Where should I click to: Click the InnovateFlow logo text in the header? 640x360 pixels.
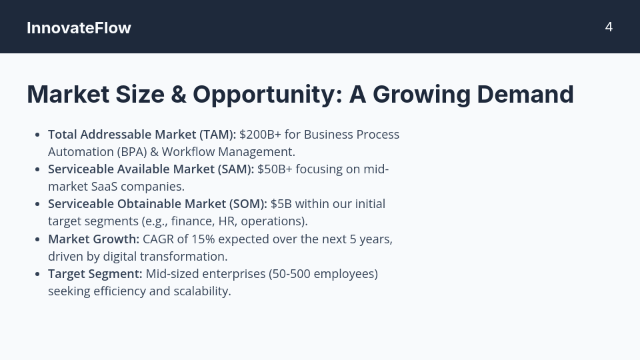tap(79, 28)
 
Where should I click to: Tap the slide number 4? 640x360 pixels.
tap(609, 27)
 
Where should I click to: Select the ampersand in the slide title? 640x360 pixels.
tap(178, 94)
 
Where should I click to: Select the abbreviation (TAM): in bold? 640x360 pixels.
tap(213, 134)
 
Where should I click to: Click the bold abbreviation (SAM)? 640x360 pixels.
tap(236, 169)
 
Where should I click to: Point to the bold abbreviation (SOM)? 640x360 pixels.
tap(248, 203)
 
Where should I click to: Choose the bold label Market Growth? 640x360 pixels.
tap(93, 239)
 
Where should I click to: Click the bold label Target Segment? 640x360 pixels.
tap(95, 273)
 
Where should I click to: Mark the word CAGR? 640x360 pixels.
tap(158, 239)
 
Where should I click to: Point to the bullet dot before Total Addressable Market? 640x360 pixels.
tap(37, 135)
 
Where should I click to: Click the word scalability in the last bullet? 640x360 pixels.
tap(203, 291)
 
